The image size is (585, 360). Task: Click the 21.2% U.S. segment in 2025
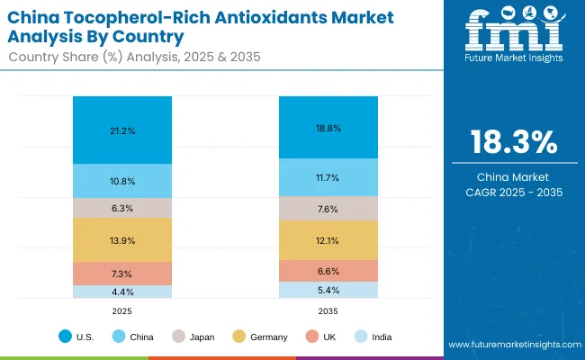pyautogui.click(x=122, y=130)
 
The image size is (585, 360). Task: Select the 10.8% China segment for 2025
pyautogui.click(x=122, y=181)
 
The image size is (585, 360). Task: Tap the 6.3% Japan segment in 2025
pyautogui.click(x=122, y=208)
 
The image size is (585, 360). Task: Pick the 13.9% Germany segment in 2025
pyautogui.click(x=122, y=239)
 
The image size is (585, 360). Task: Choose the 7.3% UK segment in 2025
pyautogui.click(x=122, y=273)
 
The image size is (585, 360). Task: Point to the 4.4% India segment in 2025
pyautogui.click(x=122, y=291)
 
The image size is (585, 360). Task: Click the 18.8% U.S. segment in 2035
pyautogui.click(x=328, y=127)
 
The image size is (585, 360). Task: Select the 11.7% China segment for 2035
pyautogui.click(x=328, y=177)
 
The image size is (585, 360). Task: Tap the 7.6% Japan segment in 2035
pyautogui.click(x=328, y=209)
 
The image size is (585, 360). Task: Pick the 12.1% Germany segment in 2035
pyautogui.click(x=328, y=240)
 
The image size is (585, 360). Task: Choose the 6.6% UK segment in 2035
pyautogui.click(x=328, y=271)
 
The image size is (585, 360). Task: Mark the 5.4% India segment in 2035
pyautogui.click(x=328, y=290)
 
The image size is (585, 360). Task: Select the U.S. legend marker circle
pyautogui.click(x=65, y=337)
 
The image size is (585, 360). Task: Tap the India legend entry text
pyautogui.click(x=381, y=337)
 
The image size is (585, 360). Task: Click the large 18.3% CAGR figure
pyautogui.click(x=512, y=142)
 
